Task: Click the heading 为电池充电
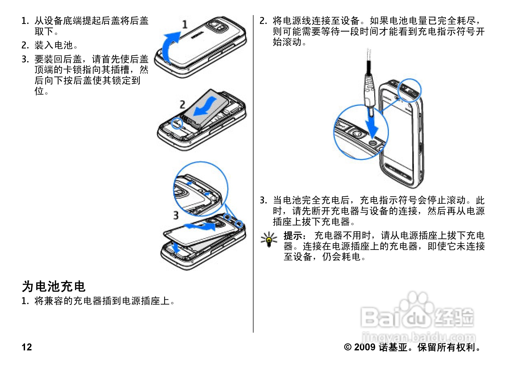pos(54,286)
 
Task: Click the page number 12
pos(27,347)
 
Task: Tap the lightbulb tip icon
pos(269,239)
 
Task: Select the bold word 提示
pos(294,236)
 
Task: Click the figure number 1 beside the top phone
pos(185,24)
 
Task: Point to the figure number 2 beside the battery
pos(182,104)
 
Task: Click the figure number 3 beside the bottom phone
pos(176,215)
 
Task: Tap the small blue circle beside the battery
pos(177,123)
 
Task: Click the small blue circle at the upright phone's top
pos(409,90)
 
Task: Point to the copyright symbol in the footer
pos(347,347)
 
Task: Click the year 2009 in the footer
pos(364,347)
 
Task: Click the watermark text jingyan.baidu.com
pos(418,337)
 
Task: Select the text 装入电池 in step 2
pos(54,45)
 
